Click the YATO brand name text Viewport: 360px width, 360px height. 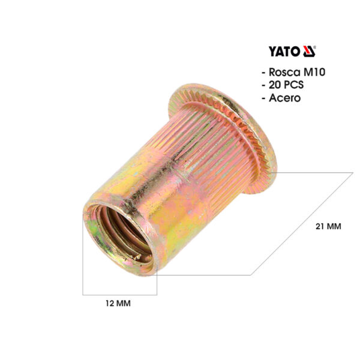[284, 52]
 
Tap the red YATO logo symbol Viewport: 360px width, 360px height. [309, 51]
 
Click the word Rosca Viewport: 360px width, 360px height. [284, 72]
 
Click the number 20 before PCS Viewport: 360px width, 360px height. [275, 85]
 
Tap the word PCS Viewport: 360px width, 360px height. [293, 85]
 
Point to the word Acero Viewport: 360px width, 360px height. [284, 98]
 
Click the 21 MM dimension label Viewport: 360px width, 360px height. [328, 226]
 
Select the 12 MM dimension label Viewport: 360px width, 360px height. [118, 303]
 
